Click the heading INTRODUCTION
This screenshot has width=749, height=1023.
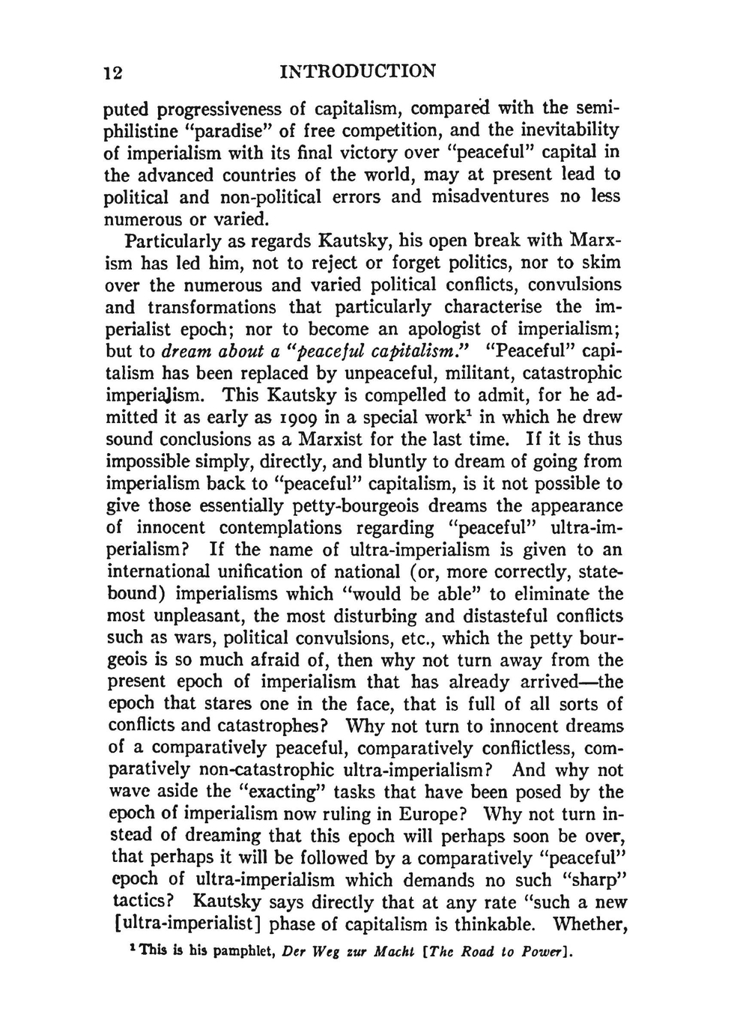[x=356, y=72]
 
